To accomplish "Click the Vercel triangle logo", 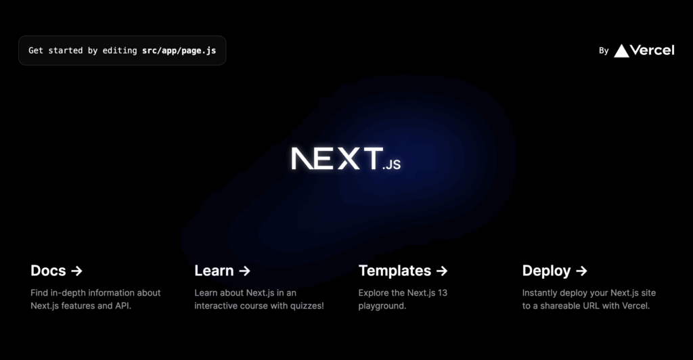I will pos(621,51).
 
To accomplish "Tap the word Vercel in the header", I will pos(652,50).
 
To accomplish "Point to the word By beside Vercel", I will pos(604,51).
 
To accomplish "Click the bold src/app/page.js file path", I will pos(179,51).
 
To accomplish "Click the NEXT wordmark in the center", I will pos(336,158).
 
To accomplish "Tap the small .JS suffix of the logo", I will pos(392,164).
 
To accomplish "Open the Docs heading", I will pos(48,271).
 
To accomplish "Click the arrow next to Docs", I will pos(77,271).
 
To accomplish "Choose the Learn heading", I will pos(214,271).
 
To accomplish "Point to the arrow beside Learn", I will pos(244,271).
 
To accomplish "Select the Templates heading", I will pos(395,271).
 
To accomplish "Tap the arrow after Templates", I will pos(442,271).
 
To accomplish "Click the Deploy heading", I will pos(546,271).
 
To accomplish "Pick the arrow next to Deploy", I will pos(581,271).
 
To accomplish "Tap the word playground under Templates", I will pos(381,306).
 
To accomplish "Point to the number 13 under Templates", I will pos(442,293).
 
